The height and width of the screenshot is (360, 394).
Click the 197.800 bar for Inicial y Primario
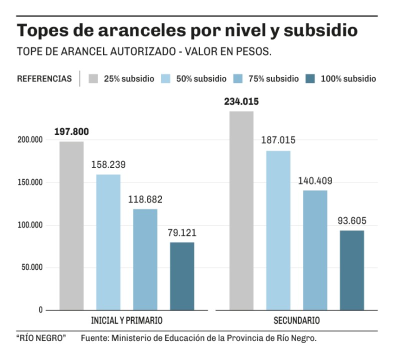[71, 225]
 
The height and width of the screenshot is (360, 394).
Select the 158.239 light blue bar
[108, 242]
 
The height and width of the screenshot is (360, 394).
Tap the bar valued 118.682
[145, 259]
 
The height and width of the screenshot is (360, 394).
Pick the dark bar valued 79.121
[182, 276]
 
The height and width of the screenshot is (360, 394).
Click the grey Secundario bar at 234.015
[241, 210]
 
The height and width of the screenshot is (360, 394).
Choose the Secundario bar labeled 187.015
[278, 230]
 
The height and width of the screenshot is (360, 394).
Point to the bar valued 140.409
[315, 250]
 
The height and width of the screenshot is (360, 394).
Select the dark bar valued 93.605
[352, 270]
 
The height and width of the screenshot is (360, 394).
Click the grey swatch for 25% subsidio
[93, 78]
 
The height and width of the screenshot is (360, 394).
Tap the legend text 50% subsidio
[201, 78]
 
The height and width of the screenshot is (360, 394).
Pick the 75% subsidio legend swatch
[238, 78]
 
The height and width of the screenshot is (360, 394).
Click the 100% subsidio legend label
[348, 78]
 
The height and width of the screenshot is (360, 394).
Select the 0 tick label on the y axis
[40, 310]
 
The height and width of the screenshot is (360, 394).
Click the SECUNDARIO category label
[296, 320]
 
